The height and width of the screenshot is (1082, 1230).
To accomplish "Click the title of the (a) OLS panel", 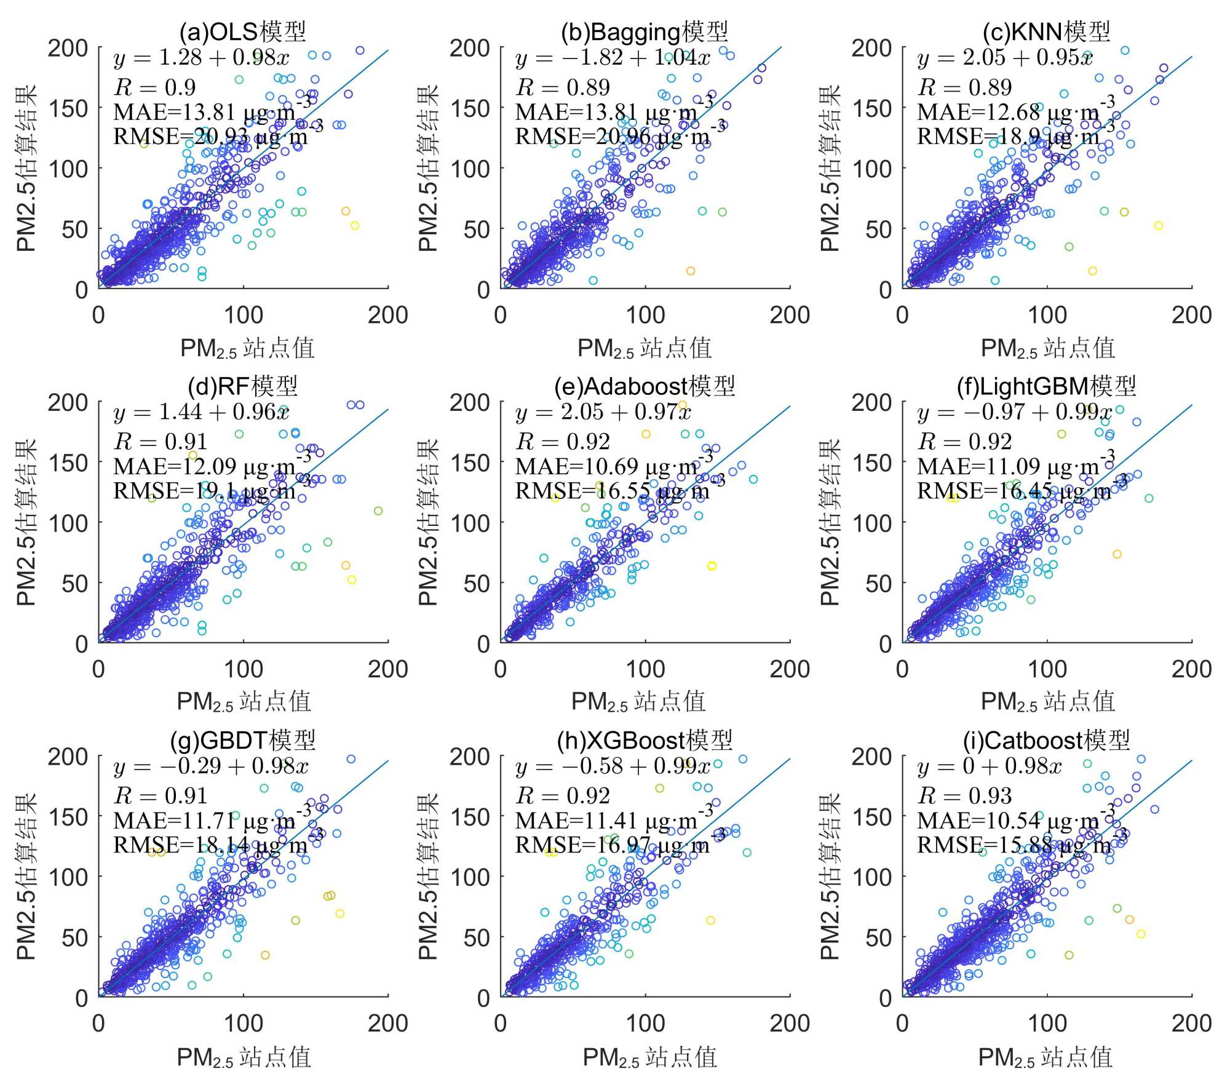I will click(x=243, y=31).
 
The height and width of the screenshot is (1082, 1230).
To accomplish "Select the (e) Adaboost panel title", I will click(x=645, y=386).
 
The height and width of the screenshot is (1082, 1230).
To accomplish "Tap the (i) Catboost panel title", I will click(x=1046, y=739).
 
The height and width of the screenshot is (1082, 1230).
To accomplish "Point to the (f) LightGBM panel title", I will click(x=1046, y=386).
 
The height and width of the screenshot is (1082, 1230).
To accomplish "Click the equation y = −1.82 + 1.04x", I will click(x=613, y=58).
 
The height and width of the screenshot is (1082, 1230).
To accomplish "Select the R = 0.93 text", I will click(x=964, y=796).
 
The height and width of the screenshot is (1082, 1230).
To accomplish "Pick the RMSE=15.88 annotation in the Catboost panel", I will click(x=1015, y=845).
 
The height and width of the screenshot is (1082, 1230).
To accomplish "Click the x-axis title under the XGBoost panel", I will click(x=649, y=1057).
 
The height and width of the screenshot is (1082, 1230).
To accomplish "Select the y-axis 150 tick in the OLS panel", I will click(x=69, y=108).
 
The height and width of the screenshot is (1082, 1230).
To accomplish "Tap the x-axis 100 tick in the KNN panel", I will click(x=1047, y=315).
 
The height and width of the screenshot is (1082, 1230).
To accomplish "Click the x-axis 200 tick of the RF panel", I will click(x=387, y=669).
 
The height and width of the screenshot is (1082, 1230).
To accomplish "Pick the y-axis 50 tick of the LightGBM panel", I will click(x=879, y=583).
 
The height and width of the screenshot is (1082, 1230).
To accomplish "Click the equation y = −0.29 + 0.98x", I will click(x=211, y=767).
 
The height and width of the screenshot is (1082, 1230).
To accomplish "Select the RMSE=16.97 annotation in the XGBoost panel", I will click(x=613, y=845).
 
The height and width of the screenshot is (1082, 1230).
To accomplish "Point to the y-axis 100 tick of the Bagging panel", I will click(x=470, y=169).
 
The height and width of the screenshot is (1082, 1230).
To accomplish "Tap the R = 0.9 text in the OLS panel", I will click(x=155, y=87).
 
